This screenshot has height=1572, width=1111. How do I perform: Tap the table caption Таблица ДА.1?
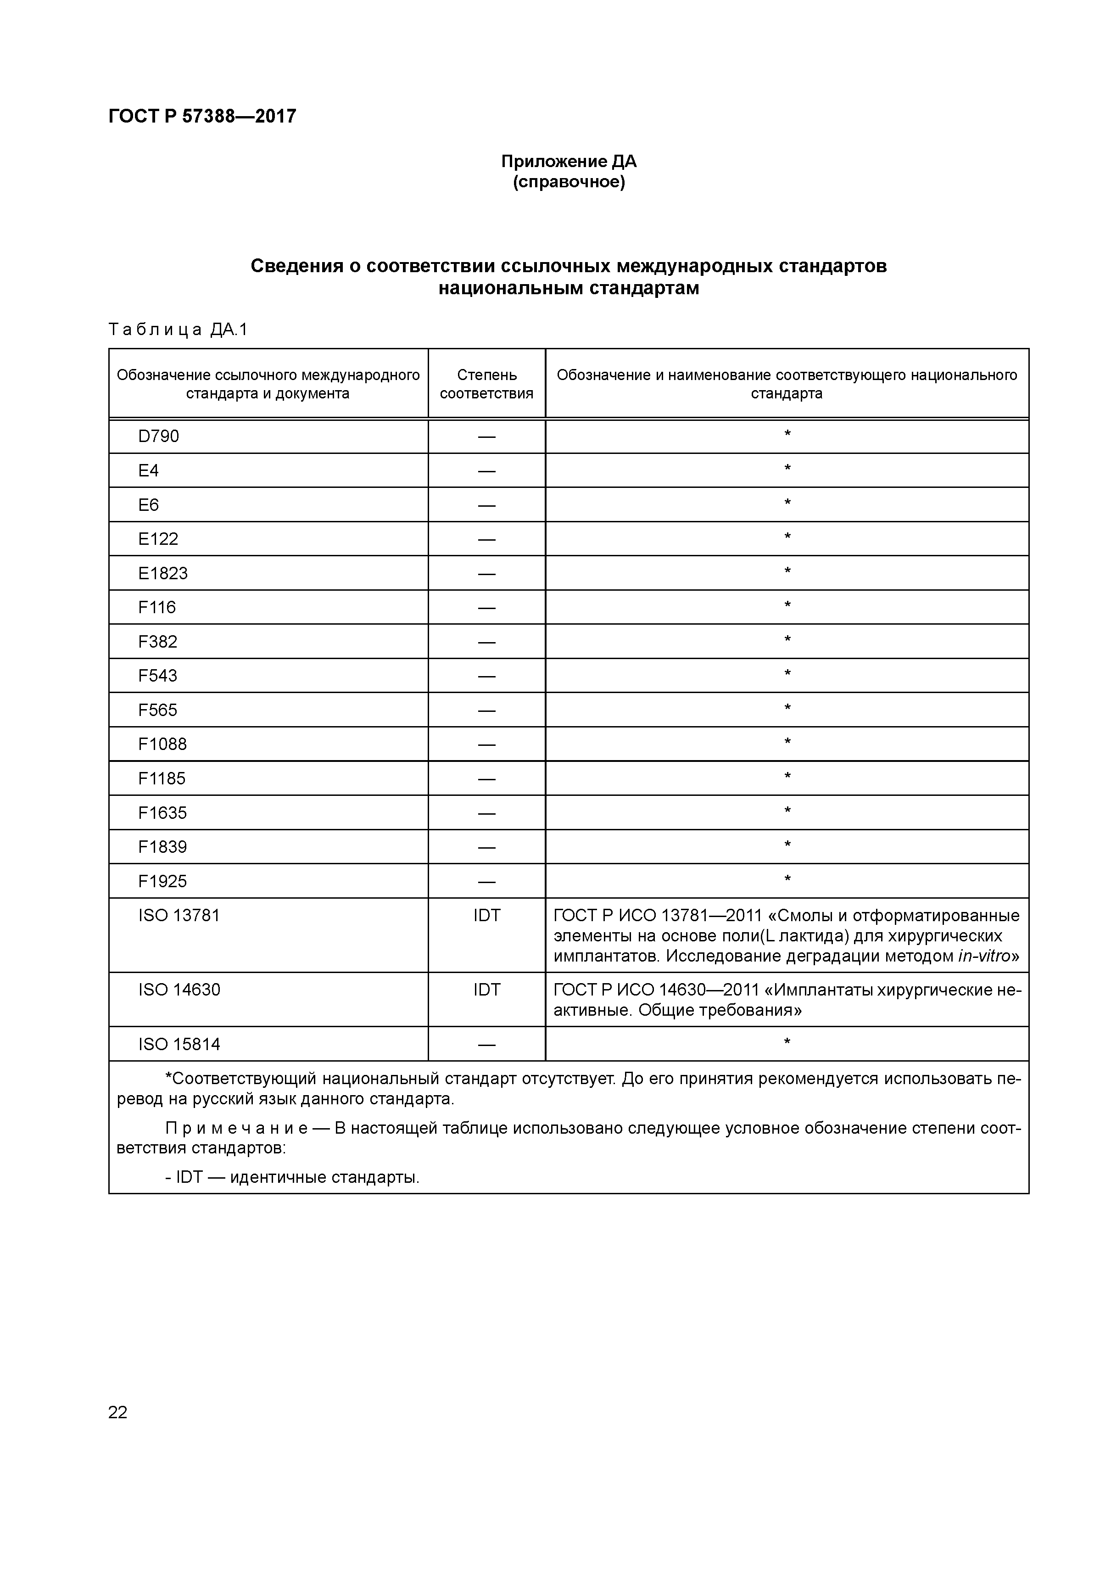(177, 330)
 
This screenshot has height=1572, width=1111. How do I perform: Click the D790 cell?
(158, 436)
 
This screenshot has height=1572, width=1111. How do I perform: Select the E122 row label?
(158, 539)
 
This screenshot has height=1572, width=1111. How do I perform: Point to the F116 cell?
(157, 607)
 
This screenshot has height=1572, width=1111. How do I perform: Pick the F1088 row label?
(162, 744)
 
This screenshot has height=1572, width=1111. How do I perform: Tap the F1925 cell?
(162, 881)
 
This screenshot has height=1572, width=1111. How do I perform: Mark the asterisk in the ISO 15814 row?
(787, 1043)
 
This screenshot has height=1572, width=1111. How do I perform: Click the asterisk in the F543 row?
(787, 674)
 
